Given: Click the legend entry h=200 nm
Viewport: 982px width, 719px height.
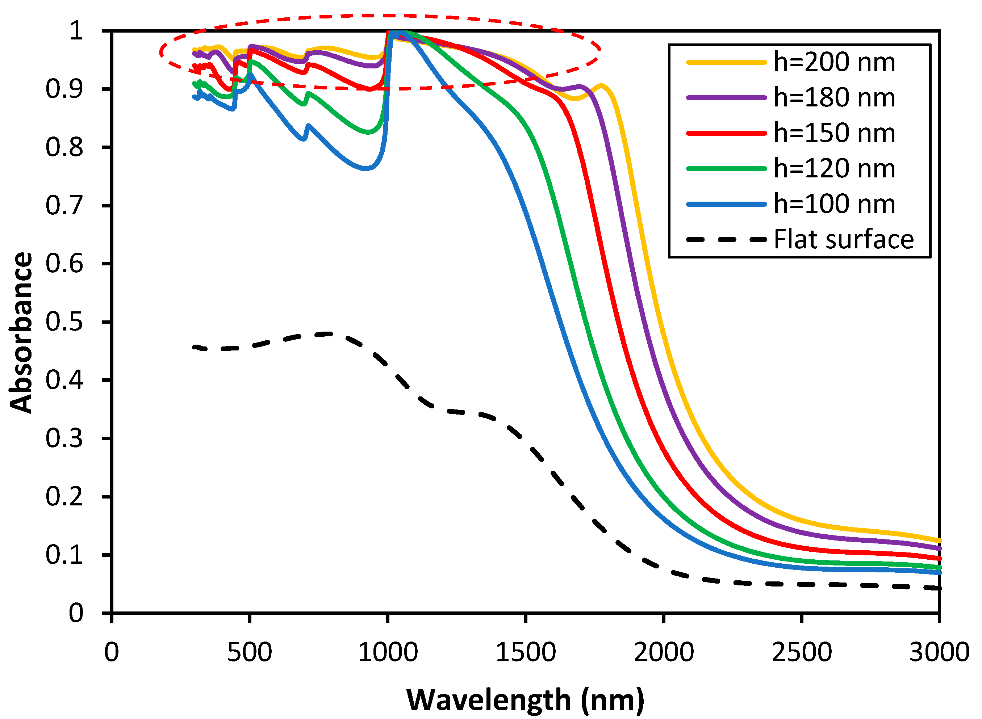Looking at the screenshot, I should pyautogui.click(x=834, y=62).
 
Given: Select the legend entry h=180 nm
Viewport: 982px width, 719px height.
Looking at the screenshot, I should pyautogui.click(x=834, y=97).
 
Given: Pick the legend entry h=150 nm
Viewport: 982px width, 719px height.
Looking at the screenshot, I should pyautogui.click(x=834, y=133).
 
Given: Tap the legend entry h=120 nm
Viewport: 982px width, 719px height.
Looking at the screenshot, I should pyautogui.click(x=834, y=169).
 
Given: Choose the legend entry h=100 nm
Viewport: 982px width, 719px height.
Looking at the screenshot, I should pyautogui.click(x=834, y=204).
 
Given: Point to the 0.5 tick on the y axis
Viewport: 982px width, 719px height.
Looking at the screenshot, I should pyautogui.click(x=64, y=323).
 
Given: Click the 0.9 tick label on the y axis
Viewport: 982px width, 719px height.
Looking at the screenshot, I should pyautogui.click(x=64, y=89).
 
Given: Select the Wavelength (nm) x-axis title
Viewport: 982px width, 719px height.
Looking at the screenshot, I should pyautogui.click(x=525, y=700).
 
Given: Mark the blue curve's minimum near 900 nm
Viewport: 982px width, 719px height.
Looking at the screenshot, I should pyautogui.click(x=365, y=168).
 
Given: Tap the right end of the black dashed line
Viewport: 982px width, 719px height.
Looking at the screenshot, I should pyautogui.click(x=939, y=588).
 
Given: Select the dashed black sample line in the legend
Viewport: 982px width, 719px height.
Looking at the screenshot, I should pyautogui.click(x=726, y=240).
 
